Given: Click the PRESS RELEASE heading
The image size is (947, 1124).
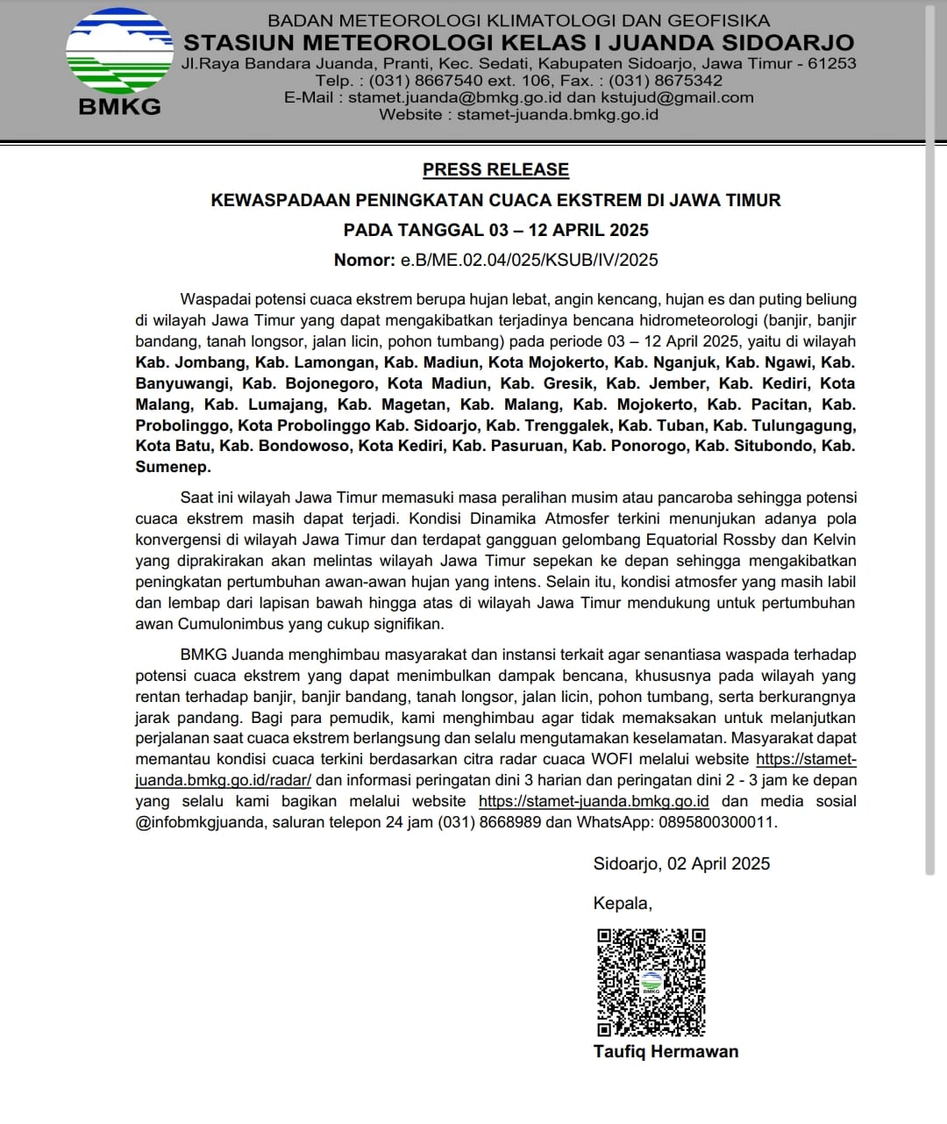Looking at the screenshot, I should point(495,169).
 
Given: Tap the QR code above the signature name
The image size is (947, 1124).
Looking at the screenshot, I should point(651,982).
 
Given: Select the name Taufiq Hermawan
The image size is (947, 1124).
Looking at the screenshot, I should point(666,1051).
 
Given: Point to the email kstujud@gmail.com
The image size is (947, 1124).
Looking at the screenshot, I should point(677,97).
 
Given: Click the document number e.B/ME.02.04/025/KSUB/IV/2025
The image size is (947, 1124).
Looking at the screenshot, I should point(529,260).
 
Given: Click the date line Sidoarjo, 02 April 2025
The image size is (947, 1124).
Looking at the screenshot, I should point(681,863).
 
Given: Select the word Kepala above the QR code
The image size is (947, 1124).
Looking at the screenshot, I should point(622,903).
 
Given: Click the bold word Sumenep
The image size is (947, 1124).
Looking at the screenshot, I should point(173,467).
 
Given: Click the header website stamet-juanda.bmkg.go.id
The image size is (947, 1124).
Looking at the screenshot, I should point(558,114).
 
